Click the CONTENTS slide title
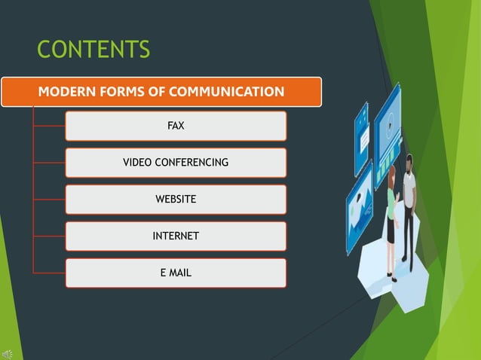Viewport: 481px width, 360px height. tap(93, 50)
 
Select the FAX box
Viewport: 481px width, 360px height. tap(176, 126)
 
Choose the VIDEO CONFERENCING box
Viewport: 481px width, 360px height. tap(176, 163)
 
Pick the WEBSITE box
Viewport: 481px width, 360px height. tap(176, 200)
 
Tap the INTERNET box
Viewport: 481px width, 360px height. tap(176, 236)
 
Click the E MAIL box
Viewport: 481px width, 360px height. tap(176, 273)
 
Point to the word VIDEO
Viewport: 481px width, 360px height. tap(136, 163)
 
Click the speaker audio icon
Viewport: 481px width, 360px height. tap(7, 354)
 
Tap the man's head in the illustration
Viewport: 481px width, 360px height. tap(409, 161)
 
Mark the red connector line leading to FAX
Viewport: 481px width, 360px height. tap(49, 126)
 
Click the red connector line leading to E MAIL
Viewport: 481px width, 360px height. tap(49, 273)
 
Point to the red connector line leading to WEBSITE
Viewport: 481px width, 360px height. tap(49, 200)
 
